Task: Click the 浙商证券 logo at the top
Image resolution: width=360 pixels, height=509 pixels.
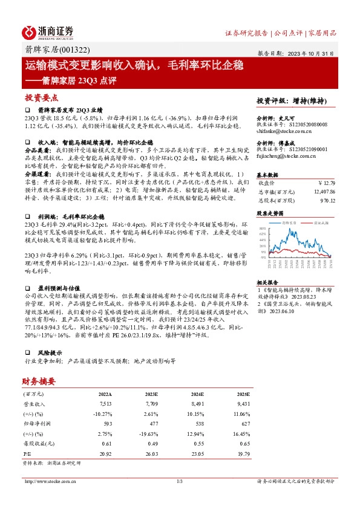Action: (x=48, y=32)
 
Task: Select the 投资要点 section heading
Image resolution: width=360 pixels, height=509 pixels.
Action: (x=41, y=97)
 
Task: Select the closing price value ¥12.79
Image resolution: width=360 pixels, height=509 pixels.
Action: (x=326, y=182)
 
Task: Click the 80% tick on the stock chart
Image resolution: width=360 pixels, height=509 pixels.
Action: (x=262, y=229)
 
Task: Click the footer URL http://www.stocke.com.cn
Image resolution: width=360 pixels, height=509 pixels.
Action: (x=48, y=481)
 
